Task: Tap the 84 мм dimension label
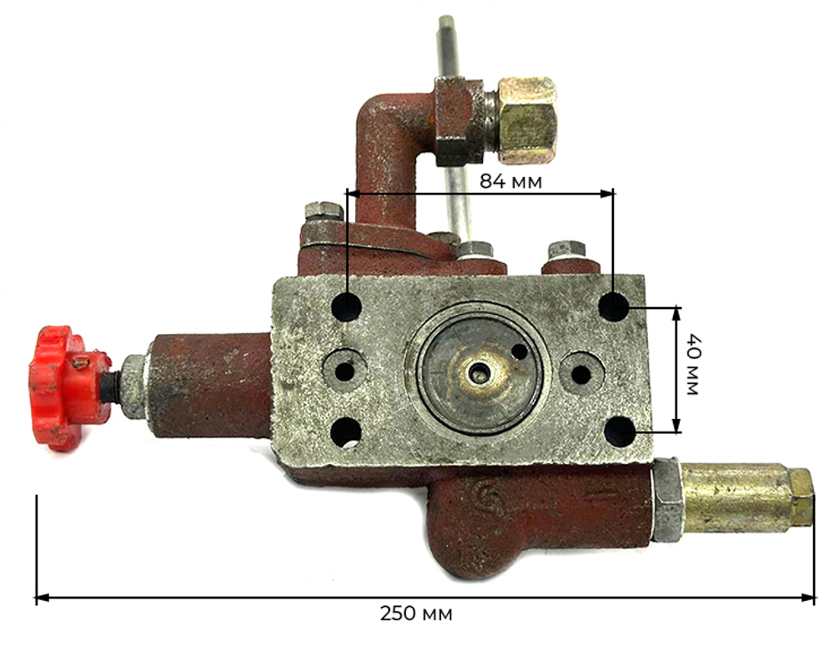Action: (510, 181)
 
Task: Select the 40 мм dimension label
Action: (691, 365)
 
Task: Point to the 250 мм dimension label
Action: (416, 614)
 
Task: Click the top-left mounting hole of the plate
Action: (347, 306)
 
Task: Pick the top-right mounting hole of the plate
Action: (614, 306)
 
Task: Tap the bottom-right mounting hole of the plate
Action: (620, 432)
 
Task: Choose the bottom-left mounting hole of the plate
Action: (346, 432)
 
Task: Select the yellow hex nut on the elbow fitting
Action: (527, 120)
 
